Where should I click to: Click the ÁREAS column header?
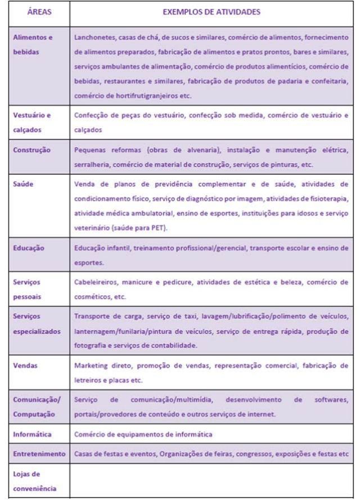coord(37,11)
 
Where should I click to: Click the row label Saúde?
coord(23,183)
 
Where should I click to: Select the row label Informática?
coord(33,434)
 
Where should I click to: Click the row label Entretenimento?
coord(37,453)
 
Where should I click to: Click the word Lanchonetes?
coord(93,37)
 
